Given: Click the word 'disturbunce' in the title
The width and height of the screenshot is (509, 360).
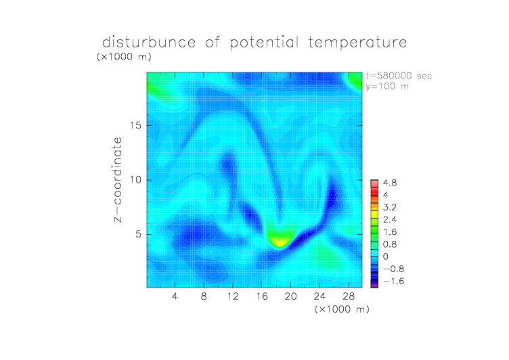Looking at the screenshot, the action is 149,42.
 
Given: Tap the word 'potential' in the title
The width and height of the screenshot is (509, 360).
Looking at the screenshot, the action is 264,43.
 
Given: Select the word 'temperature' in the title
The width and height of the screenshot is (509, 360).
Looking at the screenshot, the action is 357,43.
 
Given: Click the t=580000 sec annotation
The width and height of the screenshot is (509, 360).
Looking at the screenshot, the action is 399,76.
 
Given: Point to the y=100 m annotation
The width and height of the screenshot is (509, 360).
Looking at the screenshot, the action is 387,87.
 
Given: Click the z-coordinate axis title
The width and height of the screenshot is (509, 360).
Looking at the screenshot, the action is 118,179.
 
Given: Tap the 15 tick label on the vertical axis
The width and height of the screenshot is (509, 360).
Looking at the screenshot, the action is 135,125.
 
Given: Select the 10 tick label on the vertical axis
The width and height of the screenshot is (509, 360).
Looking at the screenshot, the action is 135,180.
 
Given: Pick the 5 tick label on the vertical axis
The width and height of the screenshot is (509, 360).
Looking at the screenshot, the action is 139,234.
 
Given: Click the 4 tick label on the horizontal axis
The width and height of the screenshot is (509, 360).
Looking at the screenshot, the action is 175,296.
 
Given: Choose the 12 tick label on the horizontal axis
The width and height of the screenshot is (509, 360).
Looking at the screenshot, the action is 233,296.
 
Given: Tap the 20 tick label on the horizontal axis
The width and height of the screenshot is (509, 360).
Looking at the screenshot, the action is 290,296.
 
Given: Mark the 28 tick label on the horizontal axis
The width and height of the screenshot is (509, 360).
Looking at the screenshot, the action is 349,296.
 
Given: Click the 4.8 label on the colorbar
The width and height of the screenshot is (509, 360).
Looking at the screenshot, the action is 390,183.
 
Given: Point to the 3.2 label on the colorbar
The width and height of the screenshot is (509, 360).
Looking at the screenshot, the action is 390,208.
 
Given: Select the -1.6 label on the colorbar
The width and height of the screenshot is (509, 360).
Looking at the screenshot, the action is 393,281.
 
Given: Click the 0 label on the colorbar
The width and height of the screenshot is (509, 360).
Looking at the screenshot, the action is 385,256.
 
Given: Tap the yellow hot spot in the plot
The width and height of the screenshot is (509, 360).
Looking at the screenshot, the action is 280,241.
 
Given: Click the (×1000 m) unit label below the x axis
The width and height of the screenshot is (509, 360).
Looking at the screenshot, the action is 342,309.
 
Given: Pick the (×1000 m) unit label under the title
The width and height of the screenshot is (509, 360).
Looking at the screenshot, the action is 124,56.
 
